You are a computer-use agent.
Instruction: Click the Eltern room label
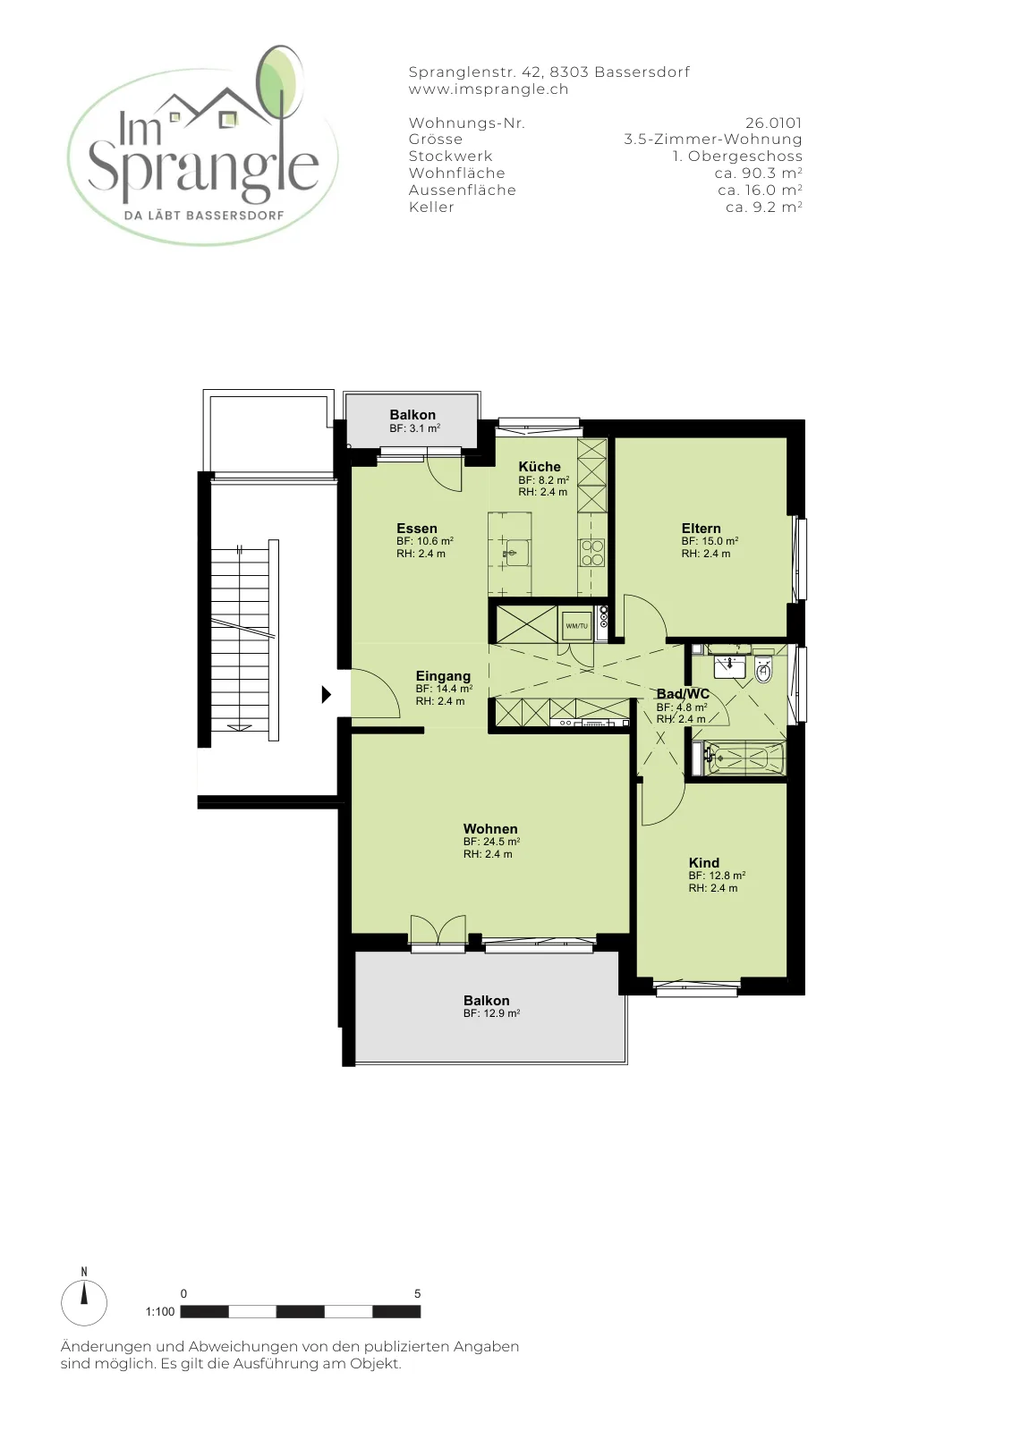click(x=701, y=529)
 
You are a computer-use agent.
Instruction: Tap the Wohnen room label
click(x=490, y=829)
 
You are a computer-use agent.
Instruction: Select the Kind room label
click(x=704, y=863)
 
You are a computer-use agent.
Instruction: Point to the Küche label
click(x=540, y=466)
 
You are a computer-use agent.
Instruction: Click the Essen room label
click(x=417, y=529)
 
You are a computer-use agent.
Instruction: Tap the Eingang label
click(x=443, y=676)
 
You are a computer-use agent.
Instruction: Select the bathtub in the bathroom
click(x=743, y=758)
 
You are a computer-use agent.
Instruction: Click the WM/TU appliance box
click(x=576, y=626)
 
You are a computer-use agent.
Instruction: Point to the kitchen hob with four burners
click(x=592, y=553)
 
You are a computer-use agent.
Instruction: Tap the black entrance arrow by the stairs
click(x=326, y=694)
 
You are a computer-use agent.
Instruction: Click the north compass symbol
click(x=84, y=1302)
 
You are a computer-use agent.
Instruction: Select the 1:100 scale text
click(x=160, y=1311)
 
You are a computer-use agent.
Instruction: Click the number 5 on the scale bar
click(x=418, y=1293)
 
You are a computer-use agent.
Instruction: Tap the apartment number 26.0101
click(x=773, y=123)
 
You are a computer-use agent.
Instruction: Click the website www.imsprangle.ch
click(x=489, y=89)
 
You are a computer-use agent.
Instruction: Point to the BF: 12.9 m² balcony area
click(x=491, y=1013)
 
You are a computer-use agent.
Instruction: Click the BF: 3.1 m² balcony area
click(x=415, y=428)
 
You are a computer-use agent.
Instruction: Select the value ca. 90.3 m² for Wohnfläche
click(x=758, y=174)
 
